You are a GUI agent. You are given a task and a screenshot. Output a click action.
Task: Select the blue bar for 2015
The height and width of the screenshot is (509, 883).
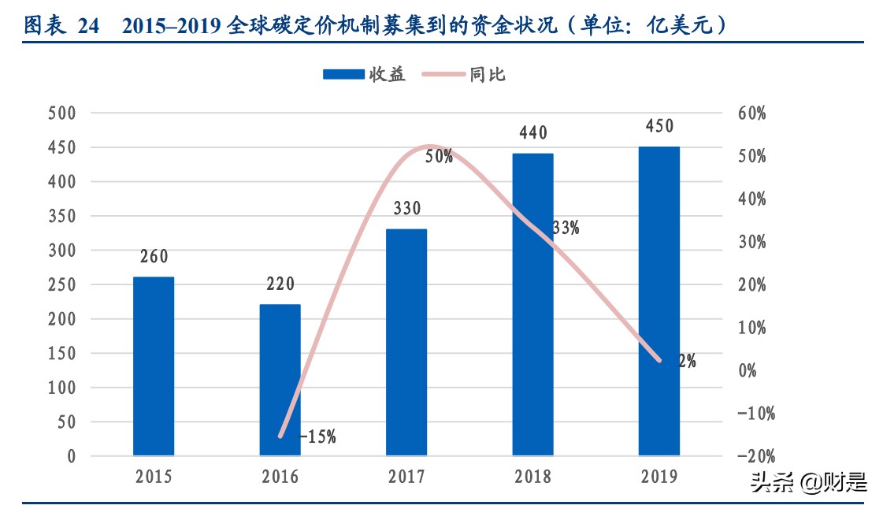[x=154, y=366]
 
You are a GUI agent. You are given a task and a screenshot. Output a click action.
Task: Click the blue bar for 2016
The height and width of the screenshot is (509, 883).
[x=280, y=380]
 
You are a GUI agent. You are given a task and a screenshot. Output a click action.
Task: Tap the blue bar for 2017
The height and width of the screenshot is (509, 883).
[x=406, y=342]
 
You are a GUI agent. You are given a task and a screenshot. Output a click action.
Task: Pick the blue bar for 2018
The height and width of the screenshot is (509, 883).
[x=532, y=304]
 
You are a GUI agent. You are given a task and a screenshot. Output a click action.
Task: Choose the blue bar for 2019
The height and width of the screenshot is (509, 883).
[x=659, y=301]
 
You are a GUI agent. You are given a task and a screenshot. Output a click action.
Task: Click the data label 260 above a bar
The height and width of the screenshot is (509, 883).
[x=154, y=257]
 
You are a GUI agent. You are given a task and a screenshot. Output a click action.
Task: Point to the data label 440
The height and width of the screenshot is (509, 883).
[x=532, y=133]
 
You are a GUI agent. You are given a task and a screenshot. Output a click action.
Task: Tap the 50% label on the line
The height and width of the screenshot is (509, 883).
[x=439, y=157]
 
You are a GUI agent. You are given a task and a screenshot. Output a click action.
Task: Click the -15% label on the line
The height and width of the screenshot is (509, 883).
[x=317, y=437]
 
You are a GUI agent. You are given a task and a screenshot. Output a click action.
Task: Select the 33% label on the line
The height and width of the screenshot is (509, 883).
[x=566, y=228]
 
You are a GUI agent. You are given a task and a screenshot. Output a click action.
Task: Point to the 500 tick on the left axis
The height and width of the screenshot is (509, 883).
[x=61, y=113]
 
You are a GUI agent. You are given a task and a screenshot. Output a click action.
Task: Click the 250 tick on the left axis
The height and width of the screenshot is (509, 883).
[x=61, y=285]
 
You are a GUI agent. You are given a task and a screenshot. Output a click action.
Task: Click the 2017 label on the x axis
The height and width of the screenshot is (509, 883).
[x=406, y=477]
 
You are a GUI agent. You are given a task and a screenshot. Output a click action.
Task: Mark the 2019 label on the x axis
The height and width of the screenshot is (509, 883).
[x=659, y=477]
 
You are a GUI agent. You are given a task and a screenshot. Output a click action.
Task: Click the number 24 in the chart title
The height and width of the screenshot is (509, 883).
[x=88, y=27]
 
